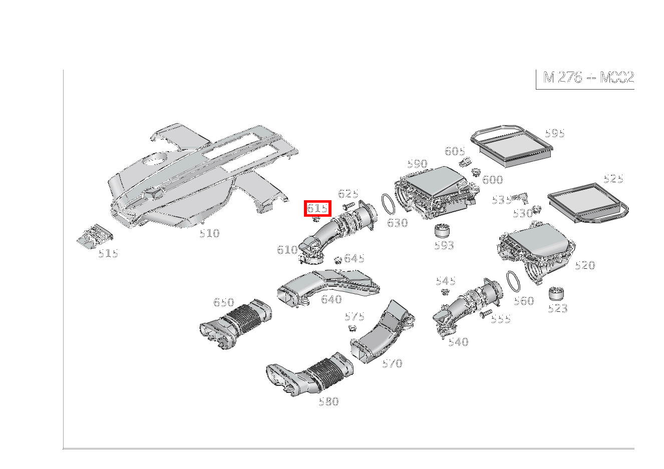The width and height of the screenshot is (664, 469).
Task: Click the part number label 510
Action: [209, 233]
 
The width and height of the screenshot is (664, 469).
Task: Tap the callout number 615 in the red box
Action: [317, 208]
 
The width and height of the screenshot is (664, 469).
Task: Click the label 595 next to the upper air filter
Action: [554, 133]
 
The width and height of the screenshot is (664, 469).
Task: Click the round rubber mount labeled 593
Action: [443, 231]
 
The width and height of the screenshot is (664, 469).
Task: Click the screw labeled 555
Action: [485, 314]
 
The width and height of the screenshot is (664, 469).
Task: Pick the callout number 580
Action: [328, 401]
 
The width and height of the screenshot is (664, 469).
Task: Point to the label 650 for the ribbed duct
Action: [223, 302]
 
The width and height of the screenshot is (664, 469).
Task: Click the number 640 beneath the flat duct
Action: [331, 299]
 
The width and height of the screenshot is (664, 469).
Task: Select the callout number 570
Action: [392, 364]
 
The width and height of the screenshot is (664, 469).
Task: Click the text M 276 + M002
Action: [588, 78]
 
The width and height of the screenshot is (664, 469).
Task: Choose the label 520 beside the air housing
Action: [584, 266]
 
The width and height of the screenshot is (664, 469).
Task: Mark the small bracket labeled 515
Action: [95, 236]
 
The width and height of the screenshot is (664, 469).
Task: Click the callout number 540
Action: [458, 342]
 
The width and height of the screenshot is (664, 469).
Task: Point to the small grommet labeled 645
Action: [338, 259]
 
